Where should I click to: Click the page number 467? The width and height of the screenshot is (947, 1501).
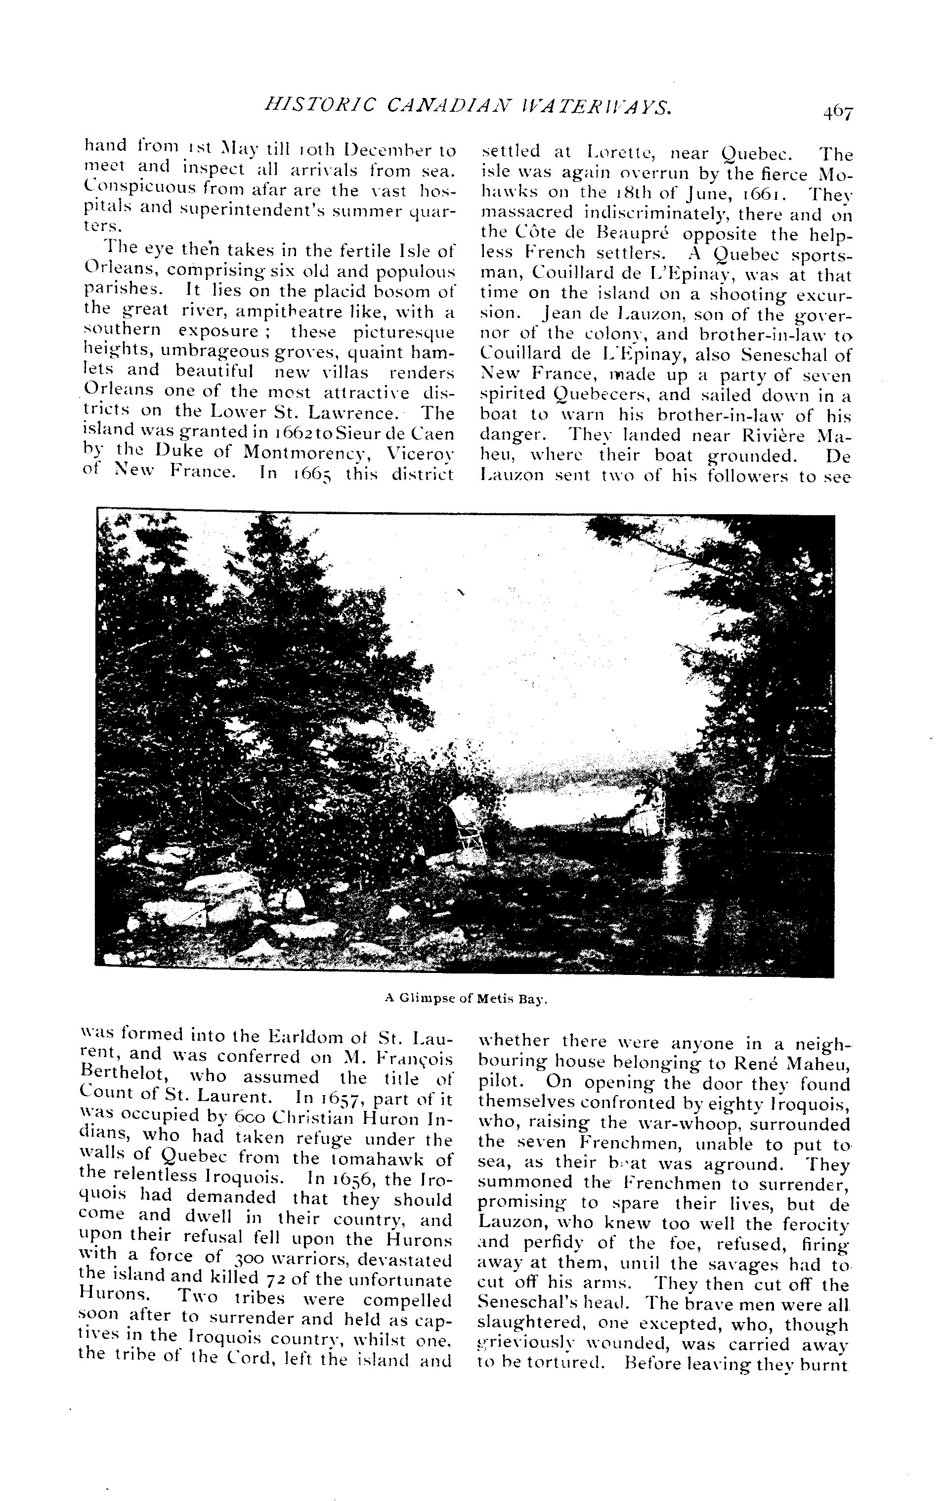click(837, 112)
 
